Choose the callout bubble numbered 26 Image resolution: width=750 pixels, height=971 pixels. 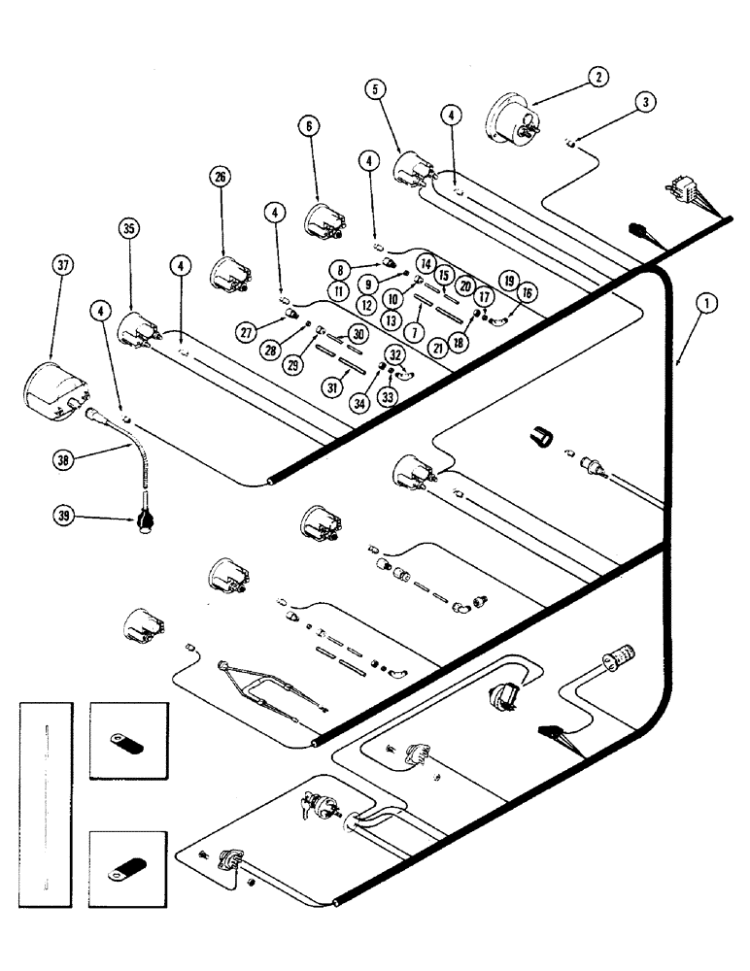[220, 177]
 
